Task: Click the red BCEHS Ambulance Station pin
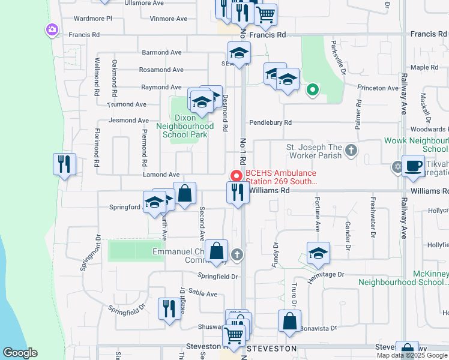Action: click(237, 176)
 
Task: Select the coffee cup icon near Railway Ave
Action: click(413, 166)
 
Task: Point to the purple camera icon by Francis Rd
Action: click(52, 29)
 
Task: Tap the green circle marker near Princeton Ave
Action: click(312, 91)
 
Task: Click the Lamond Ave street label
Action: click(161, 174)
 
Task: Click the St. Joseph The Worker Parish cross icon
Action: click(352, 151)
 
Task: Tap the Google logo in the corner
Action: click(20, 353)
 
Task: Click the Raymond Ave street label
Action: click(161, 87)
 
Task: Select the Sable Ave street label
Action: click(203, 293)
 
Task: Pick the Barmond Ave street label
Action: click(161, 52)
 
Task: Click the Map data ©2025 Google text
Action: click(412, 355)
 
